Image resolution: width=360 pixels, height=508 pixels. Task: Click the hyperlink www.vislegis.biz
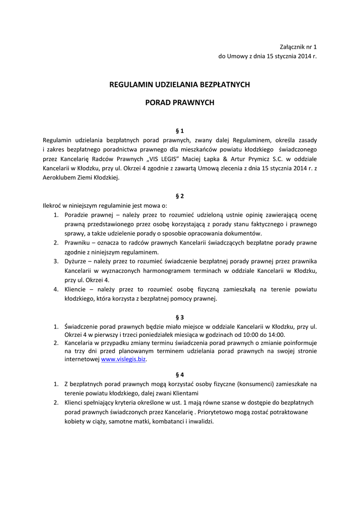124,359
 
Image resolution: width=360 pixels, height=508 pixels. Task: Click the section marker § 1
180,131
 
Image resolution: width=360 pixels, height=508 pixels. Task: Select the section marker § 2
180,196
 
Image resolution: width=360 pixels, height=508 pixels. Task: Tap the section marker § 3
180,317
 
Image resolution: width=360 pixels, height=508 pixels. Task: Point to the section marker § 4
180,375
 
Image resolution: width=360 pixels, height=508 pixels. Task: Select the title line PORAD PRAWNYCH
180,103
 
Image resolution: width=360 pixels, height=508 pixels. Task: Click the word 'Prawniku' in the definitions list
77,243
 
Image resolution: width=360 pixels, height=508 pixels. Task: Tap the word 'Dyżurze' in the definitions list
76,261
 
